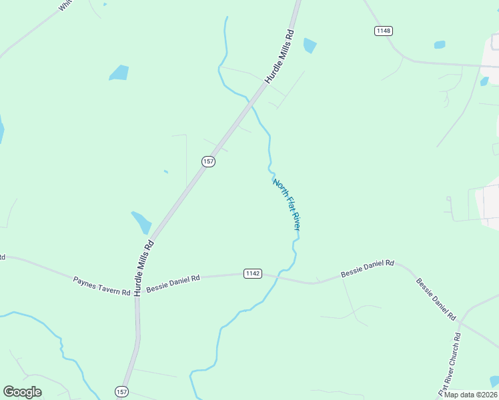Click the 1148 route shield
point(383,31)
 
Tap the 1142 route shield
point(253,273)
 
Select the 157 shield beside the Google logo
point(121,391)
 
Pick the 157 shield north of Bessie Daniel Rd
point(209,162)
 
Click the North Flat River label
point(287,205)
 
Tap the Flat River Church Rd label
point(449,364)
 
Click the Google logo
point(22,392)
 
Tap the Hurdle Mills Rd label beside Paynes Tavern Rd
point(143,267)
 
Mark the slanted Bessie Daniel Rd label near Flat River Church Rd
point(435,298)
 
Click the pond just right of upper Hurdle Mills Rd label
point(310,45)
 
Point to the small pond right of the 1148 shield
point(440,45)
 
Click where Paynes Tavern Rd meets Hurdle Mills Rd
point(137,292)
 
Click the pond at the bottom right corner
point(494,381)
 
